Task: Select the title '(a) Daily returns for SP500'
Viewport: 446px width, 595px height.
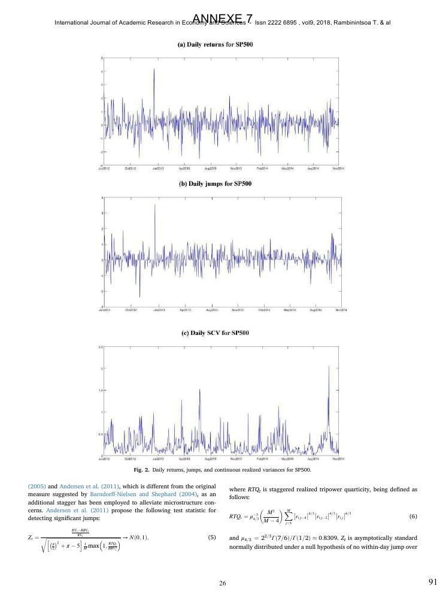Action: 223,44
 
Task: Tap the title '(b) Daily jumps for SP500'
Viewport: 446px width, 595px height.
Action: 222,183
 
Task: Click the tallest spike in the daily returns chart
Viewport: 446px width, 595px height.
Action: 154,70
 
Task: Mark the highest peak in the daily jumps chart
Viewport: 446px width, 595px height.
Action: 155,206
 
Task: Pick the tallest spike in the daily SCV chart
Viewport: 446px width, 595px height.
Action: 329,367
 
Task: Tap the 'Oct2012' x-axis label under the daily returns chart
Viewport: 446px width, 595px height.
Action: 131,170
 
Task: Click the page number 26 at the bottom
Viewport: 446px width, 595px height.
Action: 223,581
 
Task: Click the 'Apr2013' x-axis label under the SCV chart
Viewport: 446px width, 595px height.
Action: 183,458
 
